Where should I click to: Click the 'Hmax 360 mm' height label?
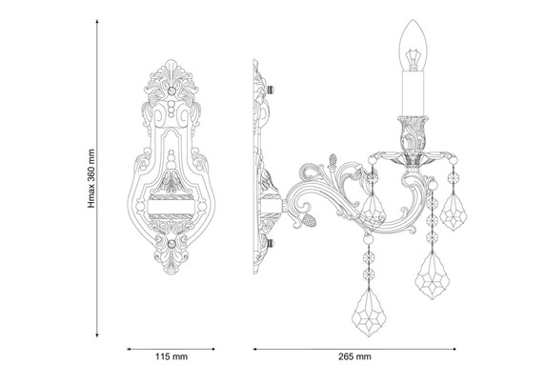coord(91,178)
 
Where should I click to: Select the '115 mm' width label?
coord(172,356)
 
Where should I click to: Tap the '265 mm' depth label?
coord(354,356)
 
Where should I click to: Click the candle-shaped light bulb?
coord(413,45)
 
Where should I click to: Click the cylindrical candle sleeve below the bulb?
coord(413,93)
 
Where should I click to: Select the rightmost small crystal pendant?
coord(454,213)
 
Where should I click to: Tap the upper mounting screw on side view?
coord(271,90)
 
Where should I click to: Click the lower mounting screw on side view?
coord(271,243)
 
